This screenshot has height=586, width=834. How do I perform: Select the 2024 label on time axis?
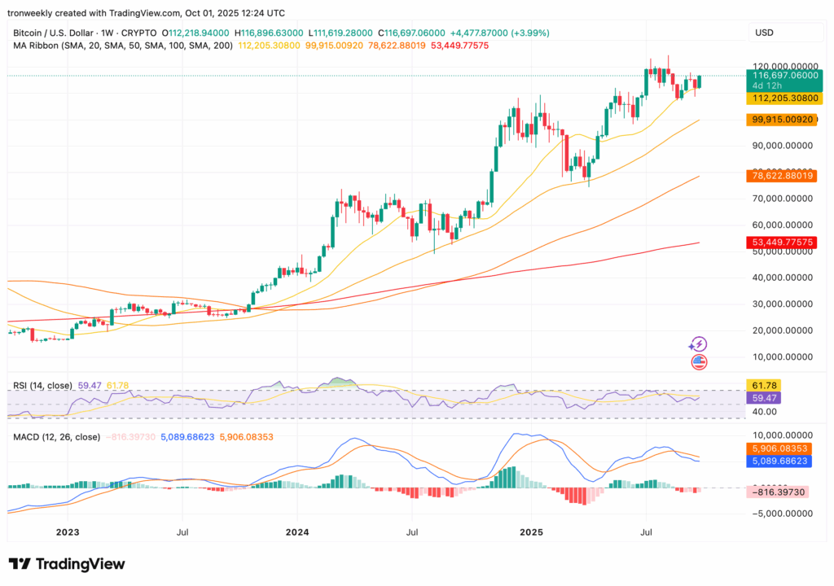click(x=297, y=533)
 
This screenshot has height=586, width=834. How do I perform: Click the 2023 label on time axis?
click(x=67, y=533)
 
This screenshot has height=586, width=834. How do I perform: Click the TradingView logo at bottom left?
click(x=67, y=564)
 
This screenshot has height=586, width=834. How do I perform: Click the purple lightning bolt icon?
click(x=698, y=344)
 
